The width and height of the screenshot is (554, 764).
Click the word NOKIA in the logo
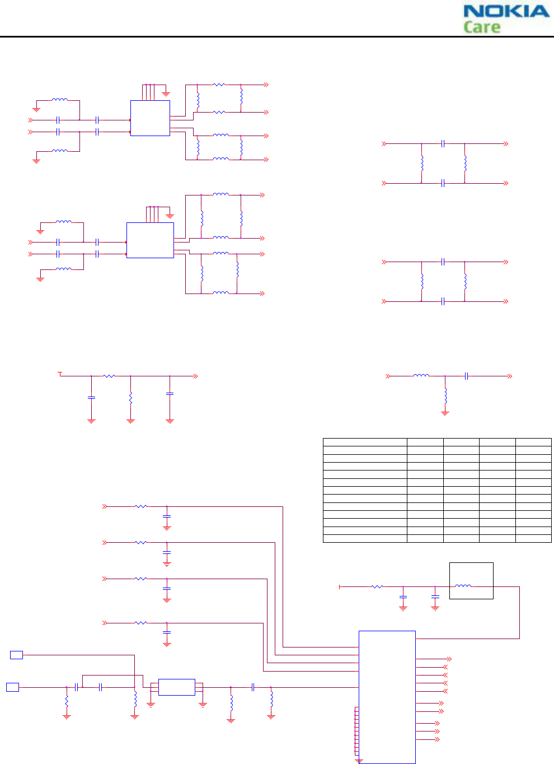click(506, 11)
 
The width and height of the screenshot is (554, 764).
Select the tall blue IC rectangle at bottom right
click(387, 697)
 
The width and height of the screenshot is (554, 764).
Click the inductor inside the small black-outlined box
click(463, 586)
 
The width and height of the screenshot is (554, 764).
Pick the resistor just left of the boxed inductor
click(377, 586)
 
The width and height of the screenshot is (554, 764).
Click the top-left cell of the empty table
click(365, 442)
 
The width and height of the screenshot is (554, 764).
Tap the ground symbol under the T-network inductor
click(445, 413)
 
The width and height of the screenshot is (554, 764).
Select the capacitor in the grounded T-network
click(466, 376)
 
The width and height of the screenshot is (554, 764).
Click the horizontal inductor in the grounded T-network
click(421, 376)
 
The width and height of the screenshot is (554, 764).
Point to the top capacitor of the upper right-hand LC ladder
click(443, 144)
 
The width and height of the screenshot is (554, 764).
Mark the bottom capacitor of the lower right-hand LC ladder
click(443, 301)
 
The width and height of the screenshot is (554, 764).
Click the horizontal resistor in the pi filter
click(109, 376)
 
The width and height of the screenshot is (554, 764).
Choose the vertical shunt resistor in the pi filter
click(130, 398)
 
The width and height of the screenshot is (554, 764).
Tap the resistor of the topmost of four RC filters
click(140, 506)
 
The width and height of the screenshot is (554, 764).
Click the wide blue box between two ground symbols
click(176, 687)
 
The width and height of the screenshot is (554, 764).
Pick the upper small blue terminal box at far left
click(17, 655)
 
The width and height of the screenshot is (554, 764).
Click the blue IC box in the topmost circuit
click(150, 118)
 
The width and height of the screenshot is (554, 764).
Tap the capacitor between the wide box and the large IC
click(253, 687)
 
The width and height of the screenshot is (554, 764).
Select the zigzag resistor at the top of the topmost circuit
click(219, 85)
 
